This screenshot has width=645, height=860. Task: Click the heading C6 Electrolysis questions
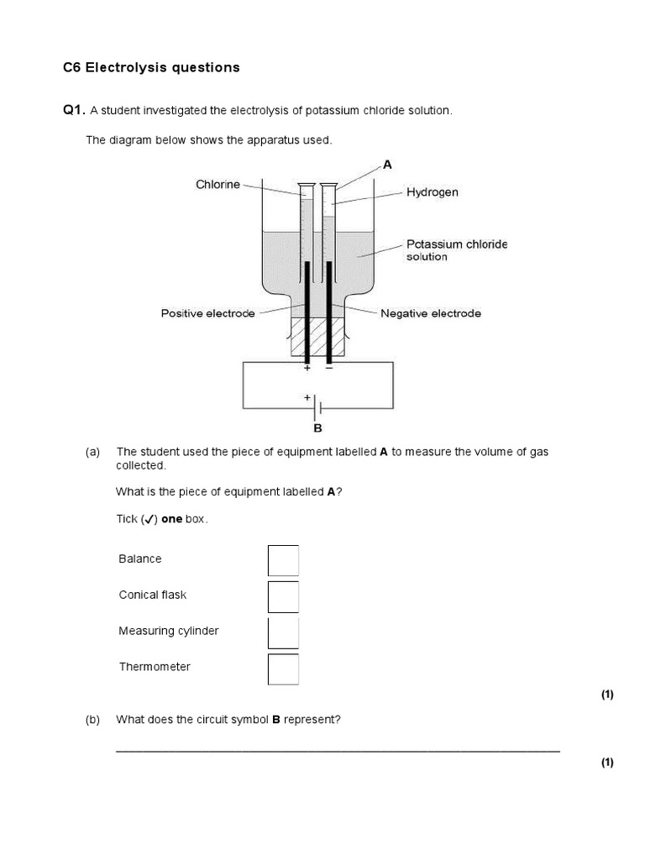click(x=151, y=68)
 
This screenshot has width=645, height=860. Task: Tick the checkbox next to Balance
click(x=283, y=560)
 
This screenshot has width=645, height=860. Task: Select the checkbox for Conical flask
click(x=283, y=596)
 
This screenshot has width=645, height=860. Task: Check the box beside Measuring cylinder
click(x=283, y=632)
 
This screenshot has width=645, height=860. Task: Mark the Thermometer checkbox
click(x=283, y=669)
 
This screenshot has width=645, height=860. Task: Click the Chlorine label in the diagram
click(x=218, y=184)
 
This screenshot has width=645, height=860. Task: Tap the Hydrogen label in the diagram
click(x=433, y=192)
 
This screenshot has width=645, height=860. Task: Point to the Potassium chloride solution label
click(x=457, y=250)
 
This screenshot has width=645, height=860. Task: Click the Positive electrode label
click(x=207, y=313)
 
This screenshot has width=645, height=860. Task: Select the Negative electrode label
click(x=431, y=313)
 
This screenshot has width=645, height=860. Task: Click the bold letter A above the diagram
click(x=387, y=165)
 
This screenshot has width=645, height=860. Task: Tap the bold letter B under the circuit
click(x=317, y=427)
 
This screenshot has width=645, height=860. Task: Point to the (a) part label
click(x=92, y=452)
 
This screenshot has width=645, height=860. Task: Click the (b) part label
click(x=92, y=720)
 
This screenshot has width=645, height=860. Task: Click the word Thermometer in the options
click(x=155, y=667)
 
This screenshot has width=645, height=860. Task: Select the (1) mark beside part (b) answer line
click(x=607, y=763)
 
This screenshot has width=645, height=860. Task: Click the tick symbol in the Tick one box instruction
click(x=148, y=520)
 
